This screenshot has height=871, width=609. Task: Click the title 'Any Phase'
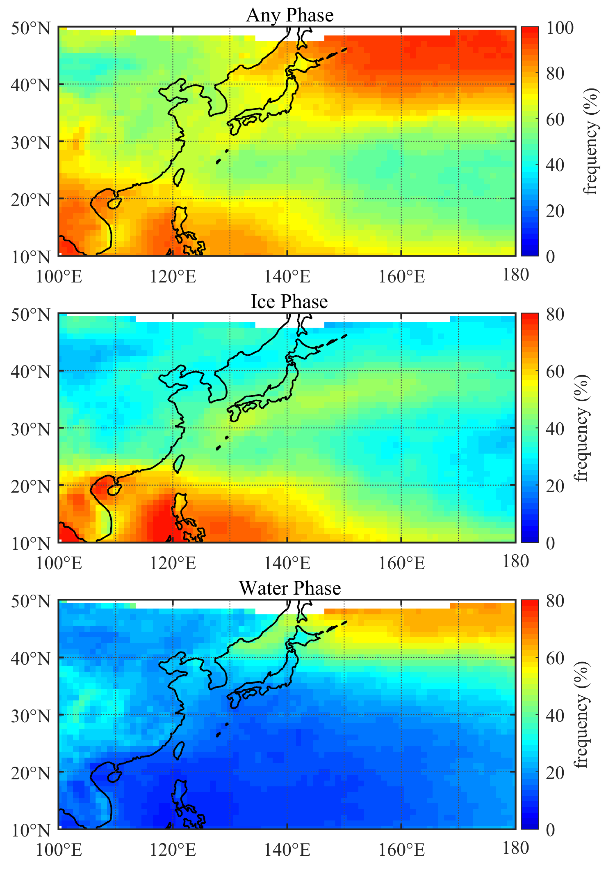point(290,15)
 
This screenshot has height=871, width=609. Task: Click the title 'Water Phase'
point(290,588)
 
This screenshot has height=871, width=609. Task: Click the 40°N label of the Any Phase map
point(30,85)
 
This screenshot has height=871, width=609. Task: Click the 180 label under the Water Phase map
point(515,848)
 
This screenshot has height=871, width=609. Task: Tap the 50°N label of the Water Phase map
point(30,601)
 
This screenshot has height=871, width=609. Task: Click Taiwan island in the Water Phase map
point(179,750)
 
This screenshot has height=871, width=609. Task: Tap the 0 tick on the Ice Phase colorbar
point(550,543)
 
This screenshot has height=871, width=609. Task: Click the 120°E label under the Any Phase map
point(173,277)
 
